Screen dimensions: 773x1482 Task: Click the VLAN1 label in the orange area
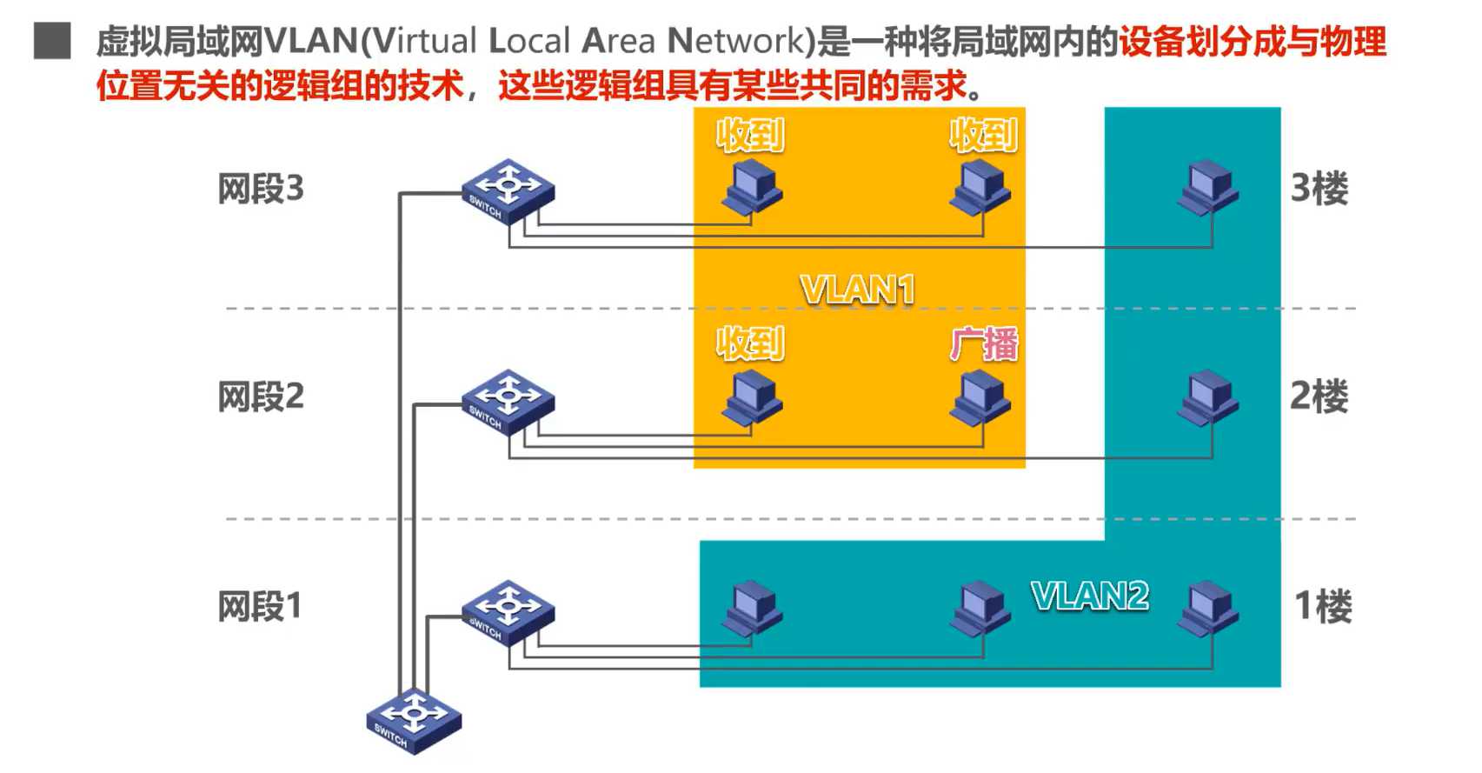(x=857, y=290)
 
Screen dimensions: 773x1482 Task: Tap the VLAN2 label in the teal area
(x=1089, y=596)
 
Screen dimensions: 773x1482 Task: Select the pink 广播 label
(x=983, y=344)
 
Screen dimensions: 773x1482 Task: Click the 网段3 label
(x=261, y=189)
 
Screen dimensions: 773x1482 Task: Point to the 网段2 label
(x=261, y=397)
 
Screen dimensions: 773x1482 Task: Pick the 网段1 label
(x=259, y=606)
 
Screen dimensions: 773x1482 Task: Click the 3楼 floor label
(x=1319, y=189)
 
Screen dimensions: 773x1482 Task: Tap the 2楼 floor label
(x=1319, y=396)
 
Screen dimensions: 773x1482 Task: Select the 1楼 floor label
(x=1322, y=606)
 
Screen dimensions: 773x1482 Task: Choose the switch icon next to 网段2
(x=508, y=402)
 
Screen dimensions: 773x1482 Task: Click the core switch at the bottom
(x=414, y=721)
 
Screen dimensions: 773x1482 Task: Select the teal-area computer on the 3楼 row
(x=1208, y=187)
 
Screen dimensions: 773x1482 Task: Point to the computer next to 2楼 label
(x=1208, y=397)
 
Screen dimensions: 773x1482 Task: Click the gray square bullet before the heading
(x=52, y=41)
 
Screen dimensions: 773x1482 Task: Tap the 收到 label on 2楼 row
(x=750, y=344)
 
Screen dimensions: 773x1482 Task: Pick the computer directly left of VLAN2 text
(x=980, y=607)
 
